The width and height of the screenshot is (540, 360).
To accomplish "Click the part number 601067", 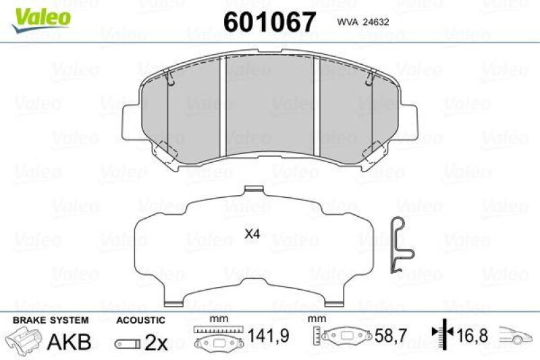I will (269, 22).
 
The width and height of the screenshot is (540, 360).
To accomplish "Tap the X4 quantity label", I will (252, 235).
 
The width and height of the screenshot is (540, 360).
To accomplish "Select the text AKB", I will (69, 342).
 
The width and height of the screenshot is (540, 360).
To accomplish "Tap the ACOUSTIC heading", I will (140, 320).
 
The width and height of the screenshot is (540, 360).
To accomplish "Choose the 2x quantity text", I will (156, 342).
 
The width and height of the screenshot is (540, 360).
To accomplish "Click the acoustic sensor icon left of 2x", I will (128, 343).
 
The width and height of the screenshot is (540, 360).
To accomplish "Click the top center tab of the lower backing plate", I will (252, 190).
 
